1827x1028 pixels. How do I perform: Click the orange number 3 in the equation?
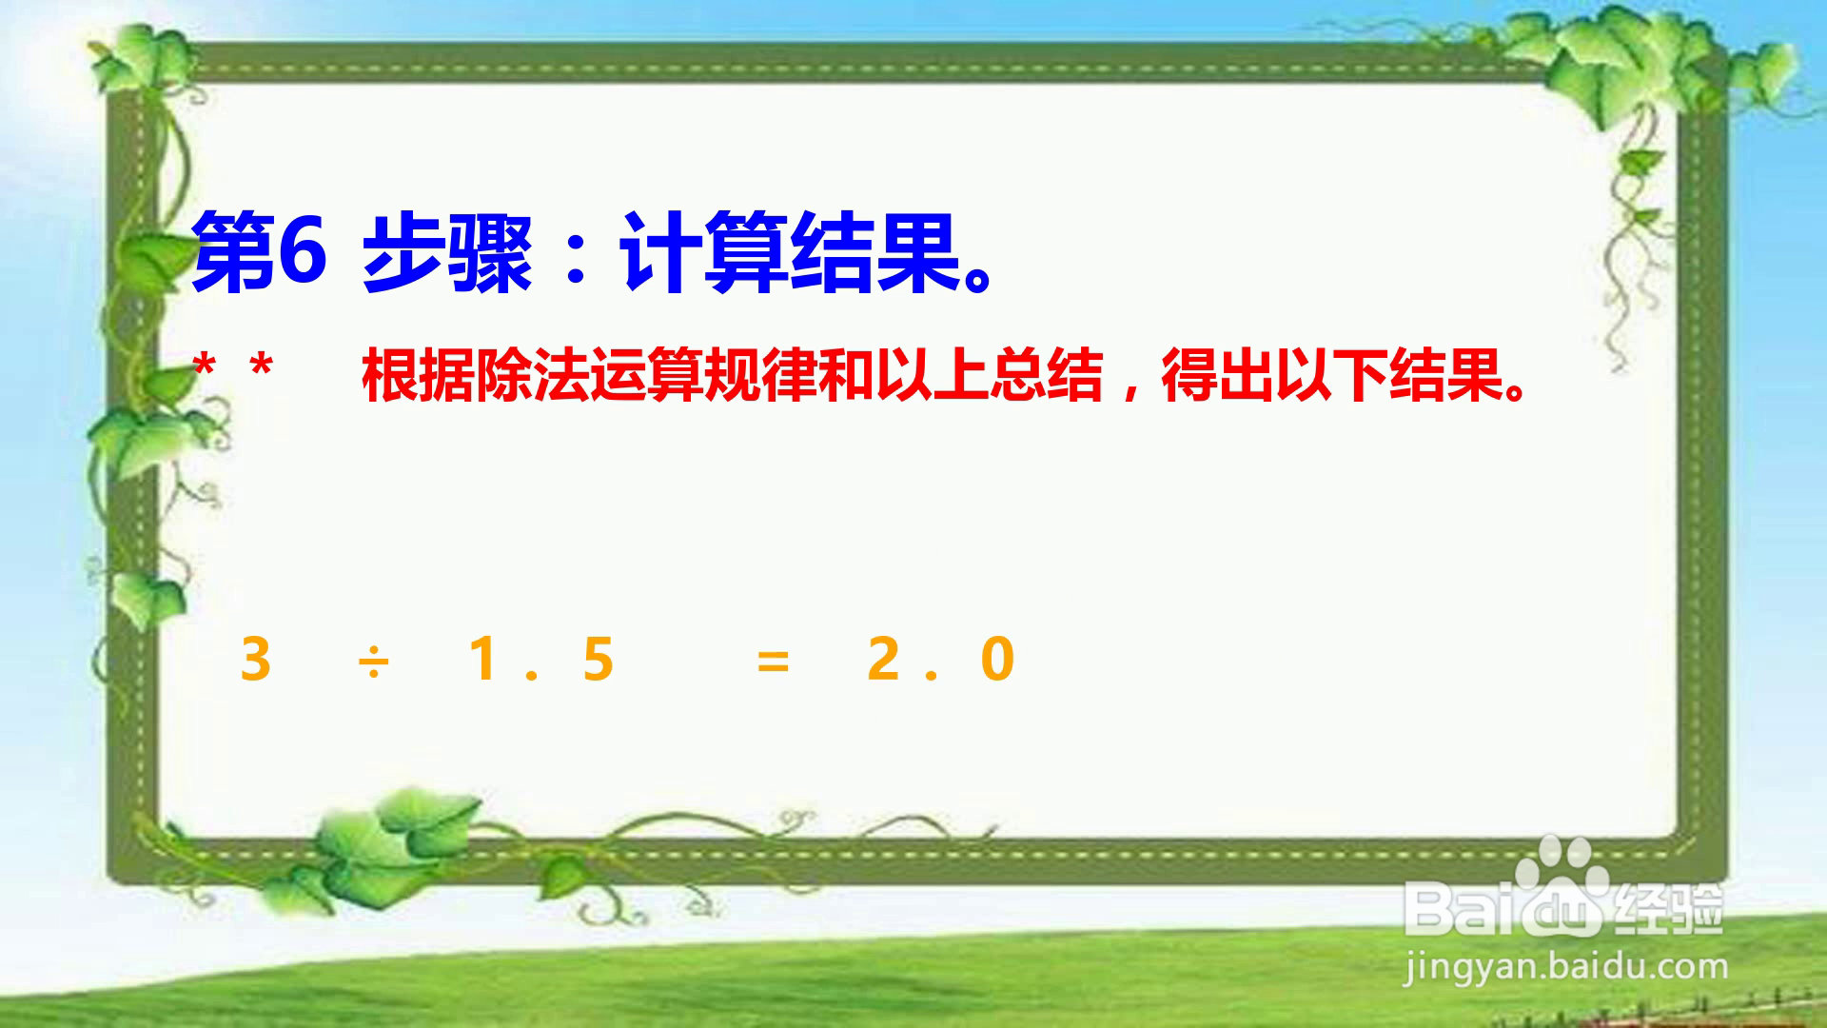click(255, 659)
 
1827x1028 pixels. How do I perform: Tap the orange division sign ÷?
click(373, 660)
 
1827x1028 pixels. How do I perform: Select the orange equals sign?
click(773, 661)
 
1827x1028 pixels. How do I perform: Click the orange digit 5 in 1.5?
click(598, 659)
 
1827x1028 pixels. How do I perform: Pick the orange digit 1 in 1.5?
click(483, 659)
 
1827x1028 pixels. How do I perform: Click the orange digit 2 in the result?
click(883, 659)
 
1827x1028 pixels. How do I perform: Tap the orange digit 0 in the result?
click(997, 659)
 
